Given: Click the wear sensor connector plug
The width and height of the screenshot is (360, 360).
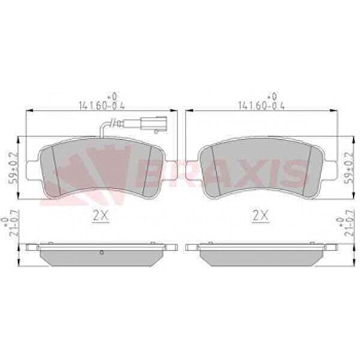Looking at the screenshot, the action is click(x=154, y=124).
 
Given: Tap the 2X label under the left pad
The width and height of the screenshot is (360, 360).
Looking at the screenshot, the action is click(x=100, y=215).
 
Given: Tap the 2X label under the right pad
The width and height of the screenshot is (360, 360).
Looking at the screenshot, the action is click(x=260, y=215).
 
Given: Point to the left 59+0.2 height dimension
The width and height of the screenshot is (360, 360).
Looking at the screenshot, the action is click(x=13, y=167).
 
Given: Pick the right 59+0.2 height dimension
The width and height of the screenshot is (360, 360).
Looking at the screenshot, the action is click(x=349, y=167).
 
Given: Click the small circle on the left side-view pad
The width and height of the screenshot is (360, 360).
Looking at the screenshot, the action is click(x=102, y=253).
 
